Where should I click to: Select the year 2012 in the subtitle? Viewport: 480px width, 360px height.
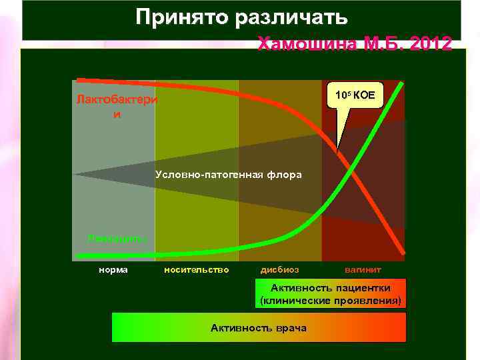point(431,44)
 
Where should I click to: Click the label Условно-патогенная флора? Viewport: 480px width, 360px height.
point(229,175)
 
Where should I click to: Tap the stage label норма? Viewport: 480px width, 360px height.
point(113,270)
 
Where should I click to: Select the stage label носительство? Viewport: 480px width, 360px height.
point(196,270)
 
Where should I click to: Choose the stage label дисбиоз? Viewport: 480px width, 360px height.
point(279,270)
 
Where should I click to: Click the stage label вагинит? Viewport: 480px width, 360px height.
point(363,270)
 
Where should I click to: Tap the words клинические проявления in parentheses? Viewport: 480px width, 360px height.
point(331,301)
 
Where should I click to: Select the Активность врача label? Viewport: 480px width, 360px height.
point(259,328)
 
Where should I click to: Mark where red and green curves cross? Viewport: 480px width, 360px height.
point(351,171)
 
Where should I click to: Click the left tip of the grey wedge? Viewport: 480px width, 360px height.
point(75,174)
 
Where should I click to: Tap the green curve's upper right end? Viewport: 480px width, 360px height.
point(402,83)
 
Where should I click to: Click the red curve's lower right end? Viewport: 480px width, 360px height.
point(403,253)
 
